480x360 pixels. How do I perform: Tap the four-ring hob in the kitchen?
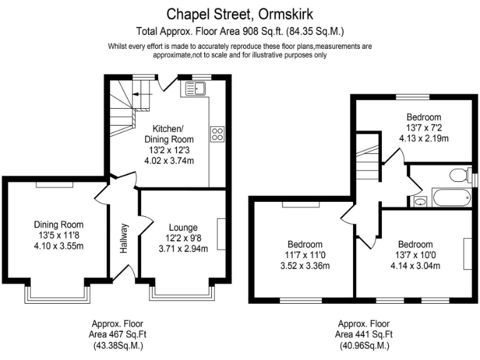pos(218,133)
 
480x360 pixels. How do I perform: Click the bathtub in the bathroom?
pos(450,199)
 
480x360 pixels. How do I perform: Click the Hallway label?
pos(124,238)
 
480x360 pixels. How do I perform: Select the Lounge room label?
pos(183,227)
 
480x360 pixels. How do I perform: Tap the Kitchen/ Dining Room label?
pos(169,134)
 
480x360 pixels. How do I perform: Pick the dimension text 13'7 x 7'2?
pos(424,127)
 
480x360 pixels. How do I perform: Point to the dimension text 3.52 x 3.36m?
pos(305,265)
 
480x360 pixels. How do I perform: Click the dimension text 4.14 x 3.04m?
pos(415,265)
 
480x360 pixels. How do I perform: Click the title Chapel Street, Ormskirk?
pos(240,13)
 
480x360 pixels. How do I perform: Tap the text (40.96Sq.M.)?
pos(364,345)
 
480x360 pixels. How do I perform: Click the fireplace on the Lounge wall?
pos(221,234)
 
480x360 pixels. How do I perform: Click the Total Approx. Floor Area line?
pos(240,31)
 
